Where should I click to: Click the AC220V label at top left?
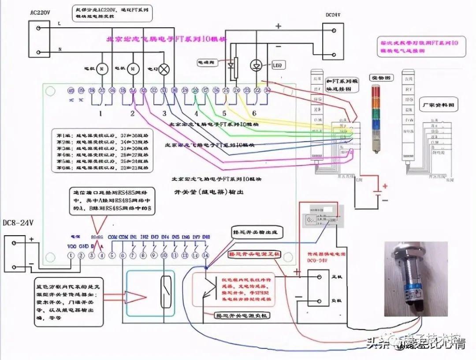point(40,12)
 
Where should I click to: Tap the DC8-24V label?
point(18,223)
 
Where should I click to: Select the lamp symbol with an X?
point(164,69)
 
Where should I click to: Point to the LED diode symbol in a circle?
point(256,66)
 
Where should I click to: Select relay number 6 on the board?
point(254,113)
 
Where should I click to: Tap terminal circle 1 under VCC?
point(70,255)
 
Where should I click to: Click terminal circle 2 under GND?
point(81,255)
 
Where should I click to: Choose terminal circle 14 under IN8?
point(205,255)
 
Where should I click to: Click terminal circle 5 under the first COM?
point(112,255)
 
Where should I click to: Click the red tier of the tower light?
point(376,91)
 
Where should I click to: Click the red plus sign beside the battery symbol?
point(385,187)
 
